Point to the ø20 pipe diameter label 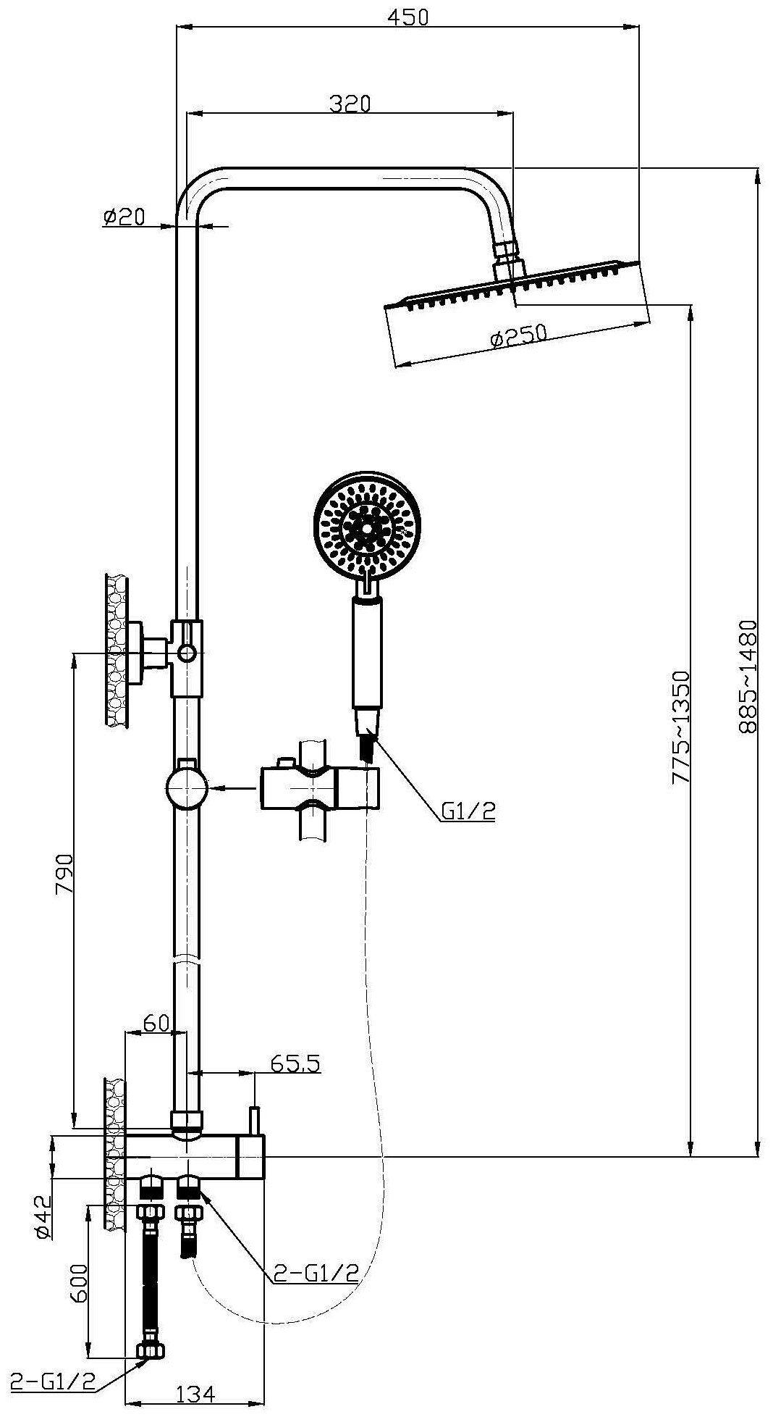pyautogui.click(x=124, y=216)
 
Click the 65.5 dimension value pyautogui.click(x=295, y=1063)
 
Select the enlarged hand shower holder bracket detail pyautogui.click(x=318, y=788)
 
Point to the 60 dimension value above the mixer pyautogui.click(x=155, y=1023)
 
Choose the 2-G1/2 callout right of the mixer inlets pyautogui.click(x=316, y=1273)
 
